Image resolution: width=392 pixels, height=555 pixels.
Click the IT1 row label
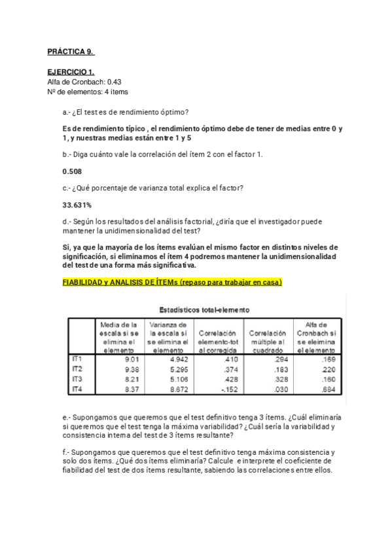pos(76,359)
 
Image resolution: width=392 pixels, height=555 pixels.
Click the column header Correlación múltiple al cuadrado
pos(268,337)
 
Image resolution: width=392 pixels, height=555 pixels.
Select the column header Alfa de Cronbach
pos(317,337)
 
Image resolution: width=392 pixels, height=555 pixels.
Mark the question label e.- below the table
pos(67,417)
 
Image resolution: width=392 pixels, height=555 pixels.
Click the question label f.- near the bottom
pos(66,452)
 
